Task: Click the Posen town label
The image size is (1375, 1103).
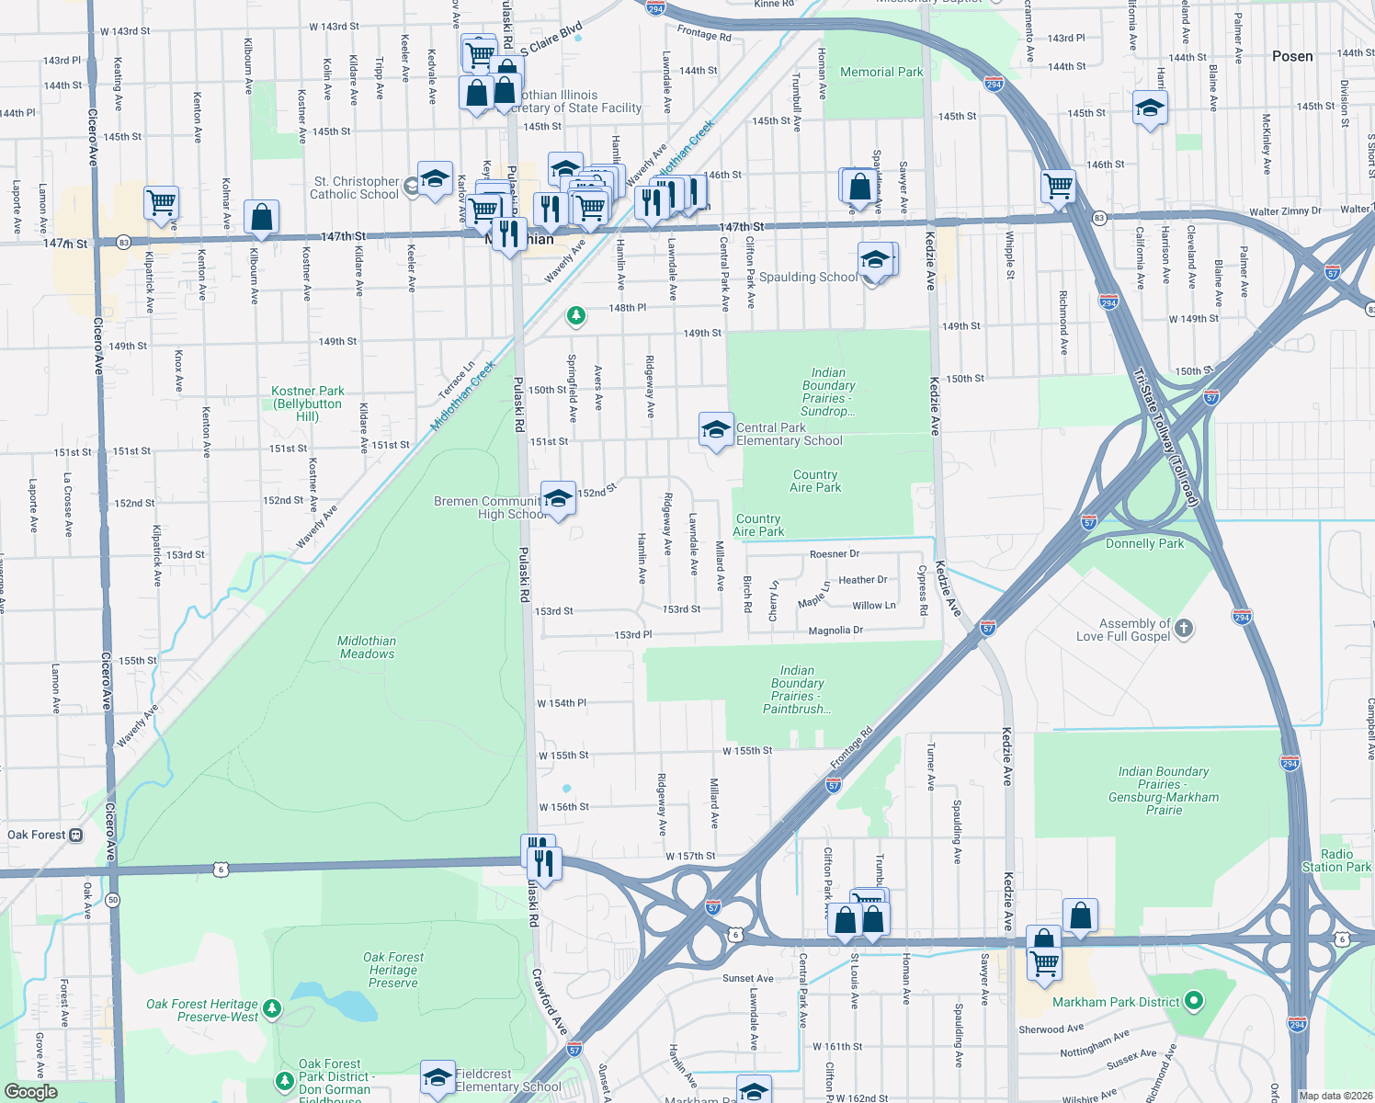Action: click(x=1292, y=56)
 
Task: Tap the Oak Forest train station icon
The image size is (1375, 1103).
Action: click(x=76, y=836)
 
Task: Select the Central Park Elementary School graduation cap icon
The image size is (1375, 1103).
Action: click(x=716, y=429)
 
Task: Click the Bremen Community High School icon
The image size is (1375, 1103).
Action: click(x=558, y=499)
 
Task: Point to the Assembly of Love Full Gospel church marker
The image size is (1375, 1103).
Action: click(x=1184, y=629)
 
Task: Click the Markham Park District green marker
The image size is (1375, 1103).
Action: click(x=1194, y=1001)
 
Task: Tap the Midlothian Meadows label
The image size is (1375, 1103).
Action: click(x=367, y=648)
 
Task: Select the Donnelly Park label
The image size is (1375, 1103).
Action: click(x=1144, y=543)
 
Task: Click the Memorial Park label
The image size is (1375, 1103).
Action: click(x=881, y=72)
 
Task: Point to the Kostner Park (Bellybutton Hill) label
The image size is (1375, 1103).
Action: click(x=307, y=404)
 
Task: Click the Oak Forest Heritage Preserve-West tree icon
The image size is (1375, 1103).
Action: click(x=272, y=1009)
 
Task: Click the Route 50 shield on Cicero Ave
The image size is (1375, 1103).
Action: click(x=112, y=899)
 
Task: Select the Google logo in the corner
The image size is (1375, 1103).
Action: click(x=30, y=1092)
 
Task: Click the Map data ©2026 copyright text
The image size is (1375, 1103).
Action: click(x=1335, y=1096)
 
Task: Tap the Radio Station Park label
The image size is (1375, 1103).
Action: click(x=1336, y=860)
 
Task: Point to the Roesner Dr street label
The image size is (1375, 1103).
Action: click(x=835, y=554)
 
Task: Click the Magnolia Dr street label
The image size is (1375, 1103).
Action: click(x=835, y=631)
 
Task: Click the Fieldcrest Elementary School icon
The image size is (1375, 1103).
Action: click(x=437, y=1077)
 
